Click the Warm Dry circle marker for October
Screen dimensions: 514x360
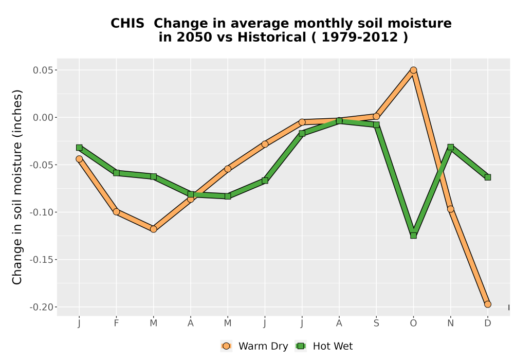click(x=413, y=70)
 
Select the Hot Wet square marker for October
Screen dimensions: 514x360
click(x=413, y=236)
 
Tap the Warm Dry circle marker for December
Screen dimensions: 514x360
click(x=488, y=304)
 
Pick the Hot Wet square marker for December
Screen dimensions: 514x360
click(x=488, y=177)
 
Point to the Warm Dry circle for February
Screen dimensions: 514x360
click(x=116, y=212)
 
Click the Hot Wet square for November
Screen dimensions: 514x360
click(x=451, y=147)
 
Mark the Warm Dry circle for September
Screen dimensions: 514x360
click(x=376, y=116)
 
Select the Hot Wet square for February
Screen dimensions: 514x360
click(x=116, y=173)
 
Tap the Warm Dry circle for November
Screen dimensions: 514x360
click(x=451, y=209)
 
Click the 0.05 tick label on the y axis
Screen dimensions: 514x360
click(x=43, y=70)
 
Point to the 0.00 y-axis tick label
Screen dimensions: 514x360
click(x=43, y=117)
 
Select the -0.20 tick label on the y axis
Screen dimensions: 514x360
click(x=42, y=307)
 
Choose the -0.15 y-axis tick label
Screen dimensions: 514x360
click(x=42, y=260)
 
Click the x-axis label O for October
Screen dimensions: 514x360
click(x=413, y=323)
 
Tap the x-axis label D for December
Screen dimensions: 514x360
click(x=488, y=323)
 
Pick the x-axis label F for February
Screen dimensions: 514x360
click(x=116, y=323)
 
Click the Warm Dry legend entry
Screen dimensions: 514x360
click(x=254, y=346)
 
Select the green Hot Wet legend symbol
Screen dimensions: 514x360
click(x=301, y=346)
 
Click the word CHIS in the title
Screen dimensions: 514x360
click(x=127, y=24)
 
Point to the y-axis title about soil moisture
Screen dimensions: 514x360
click(x=17, y=187)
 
